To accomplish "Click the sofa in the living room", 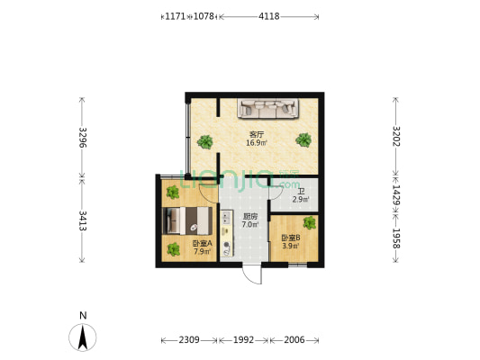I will [267, 109].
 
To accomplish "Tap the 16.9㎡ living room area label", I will [257, 139].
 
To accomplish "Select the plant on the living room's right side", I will [304, 139].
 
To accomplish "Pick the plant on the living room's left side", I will [206, 140].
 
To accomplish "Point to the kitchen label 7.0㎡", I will [251, 220].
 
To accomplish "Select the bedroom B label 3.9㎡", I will [289, 241].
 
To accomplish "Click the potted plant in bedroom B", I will [310, 222].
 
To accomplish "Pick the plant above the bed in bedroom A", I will [171, 191].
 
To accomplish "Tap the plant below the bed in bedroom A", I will [171, 249].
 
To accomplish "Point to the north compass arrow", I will [83, 337].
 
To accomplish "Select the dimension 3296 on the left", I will [82, 138].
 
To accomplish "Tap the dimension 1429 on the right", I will [395, 195].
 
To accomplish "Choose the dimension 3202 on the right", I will [395, 137].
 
